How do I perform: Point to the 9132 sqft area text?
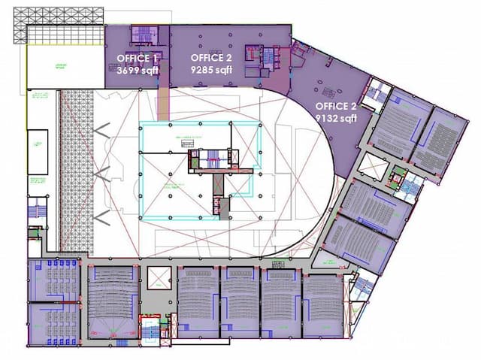click(x=336, y=118)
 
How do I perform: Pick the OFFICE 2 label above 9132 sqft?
click(x=336, y=106)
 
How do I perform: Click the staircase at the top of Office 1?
click(x=144, y=35)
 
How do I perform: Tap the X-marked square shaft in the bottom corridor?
click(x=160, y=278)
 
